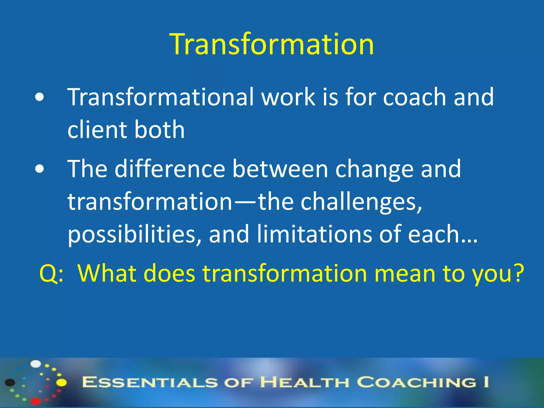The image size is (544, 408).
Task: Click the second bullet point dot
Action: [x=39, y=169]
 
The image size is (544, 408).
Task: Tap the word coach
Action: [x=414, y=97]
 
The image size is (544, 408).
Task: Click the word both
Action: [x=159, y=130]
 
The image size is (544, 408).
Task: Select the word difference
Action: [x=170, y=169]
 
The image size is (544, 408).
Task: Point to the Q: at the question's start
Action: [x=51, y=274]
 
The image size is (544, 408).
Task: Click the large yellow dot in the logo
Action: [x=62, y=382]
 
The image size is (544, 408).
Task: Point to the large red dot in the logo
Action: [x=36, y=401]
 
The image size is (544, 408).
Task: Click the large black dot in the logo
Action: [x=10, y=382]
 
